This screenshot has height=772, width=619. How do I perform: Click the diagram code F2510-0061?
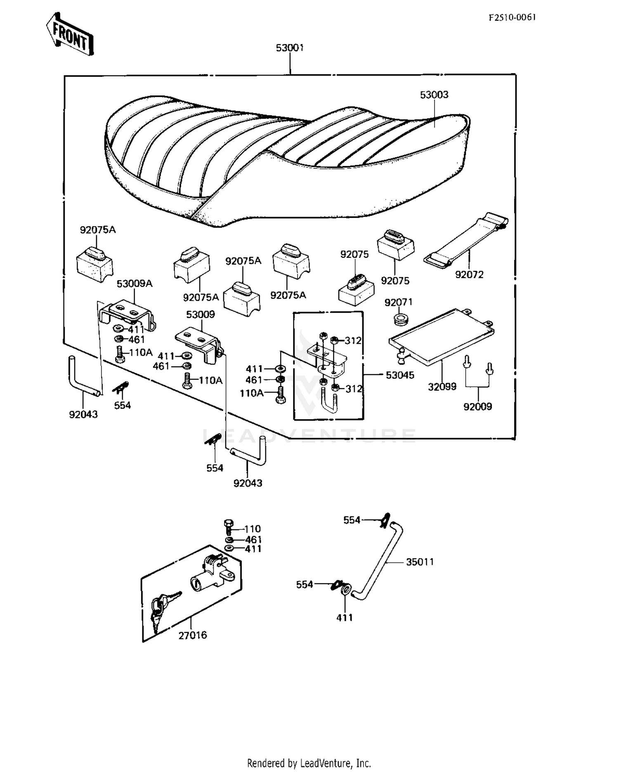point(512,17)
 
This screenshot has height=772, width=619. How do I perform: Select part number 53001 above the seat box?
point(290,48)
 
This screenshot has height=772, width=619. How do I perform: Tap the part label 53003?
point(434,95)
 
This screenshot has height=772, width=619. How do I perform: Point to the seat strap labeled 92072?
point(466,241)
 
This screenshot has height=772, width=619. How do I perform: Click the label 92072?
point(469,275)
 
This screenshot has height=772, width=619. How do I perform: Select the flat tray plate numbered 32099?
point(442,336)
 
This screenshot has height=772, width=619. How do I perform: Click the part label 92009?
point(477,407)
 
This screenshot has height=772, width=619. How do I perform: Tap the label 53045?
point(400,375)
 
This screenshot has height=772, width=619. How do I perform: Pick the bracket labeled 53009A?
point(128,314)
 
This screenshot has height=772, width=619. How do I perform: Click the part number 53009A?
point(135,284)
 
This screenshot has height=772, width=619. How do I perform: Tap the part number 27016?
point(192,635)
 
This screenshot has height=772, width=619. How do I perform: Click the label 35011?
point(420,562)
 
